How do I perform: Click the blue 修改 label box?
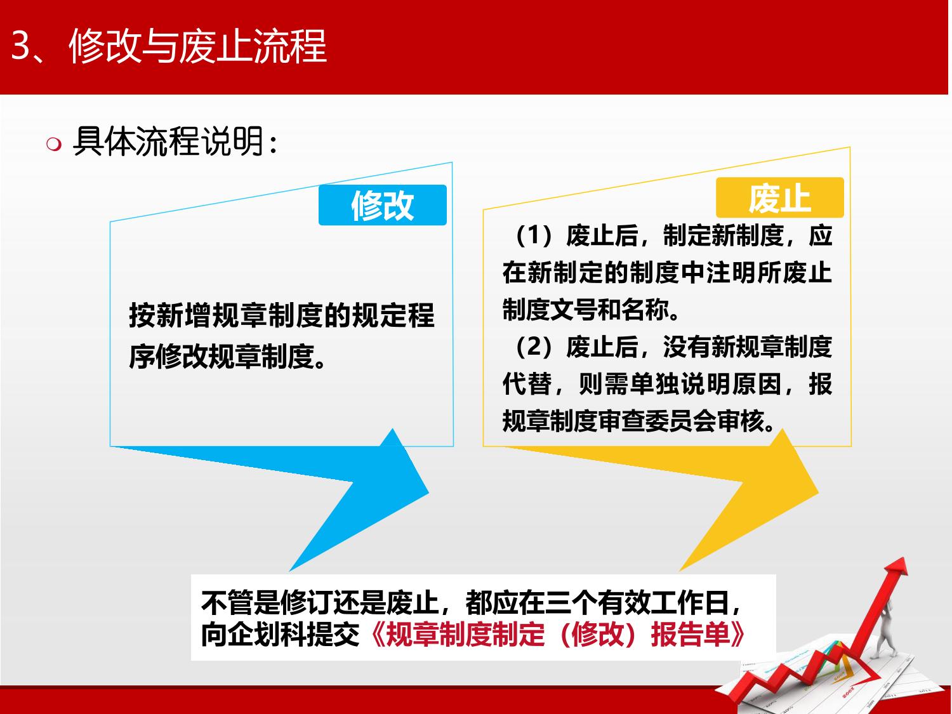pos(383,205)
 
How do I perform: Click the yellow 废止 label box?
pos(780,197)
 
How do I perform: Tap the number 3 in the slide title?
pos(21,46)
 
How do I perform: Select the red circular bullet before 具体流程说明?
pos(54,144)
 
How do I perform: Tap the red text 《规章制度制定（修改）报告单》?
pos(558,635)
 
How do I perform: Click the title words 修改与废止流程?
pos(197,46)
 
